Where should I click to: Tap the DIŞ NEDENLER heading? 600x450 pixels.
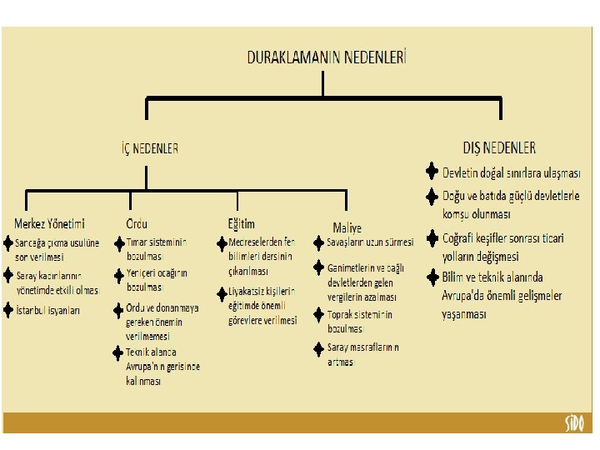(x=499, y=147)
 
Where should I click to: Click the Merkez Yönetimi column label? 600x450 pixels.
(x=49, y=223)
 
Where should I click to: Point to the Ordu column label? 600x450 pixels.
(x=137, y=223)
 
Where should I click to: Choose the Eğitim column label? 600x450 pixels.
(x=241, y=223)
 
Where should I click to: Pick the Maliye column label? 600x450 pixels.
(x=347, y=227)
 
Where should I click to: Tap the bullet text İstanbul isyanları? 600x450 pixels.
(x=48, y=310)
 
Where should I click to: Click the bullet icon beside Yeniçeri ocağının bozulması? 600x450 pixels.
(x=118, y=273)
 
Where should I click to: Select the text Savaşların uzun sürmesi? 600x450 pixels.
(x=370, y=242)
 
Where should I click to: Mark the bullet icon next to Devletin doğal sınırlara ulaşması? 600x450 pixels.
(x=432, y=172)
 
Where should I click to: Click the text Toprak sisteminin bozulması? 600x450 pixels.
(x=359, y=321)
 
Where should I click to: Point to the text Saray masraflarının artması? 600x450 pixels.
(x=362, y=354)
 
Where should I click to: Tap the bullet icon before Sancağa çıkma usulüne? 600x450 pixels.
(x=8, y=242)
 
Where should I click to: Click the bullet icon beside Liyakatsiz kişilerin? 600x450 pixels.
(x=221, y=292)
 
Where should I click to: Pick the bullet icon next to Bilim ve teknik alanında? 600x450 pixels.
(x=432, y=276)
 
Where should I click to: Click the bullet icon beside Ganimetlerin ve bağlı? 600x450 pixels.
(x=319, y=267)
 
